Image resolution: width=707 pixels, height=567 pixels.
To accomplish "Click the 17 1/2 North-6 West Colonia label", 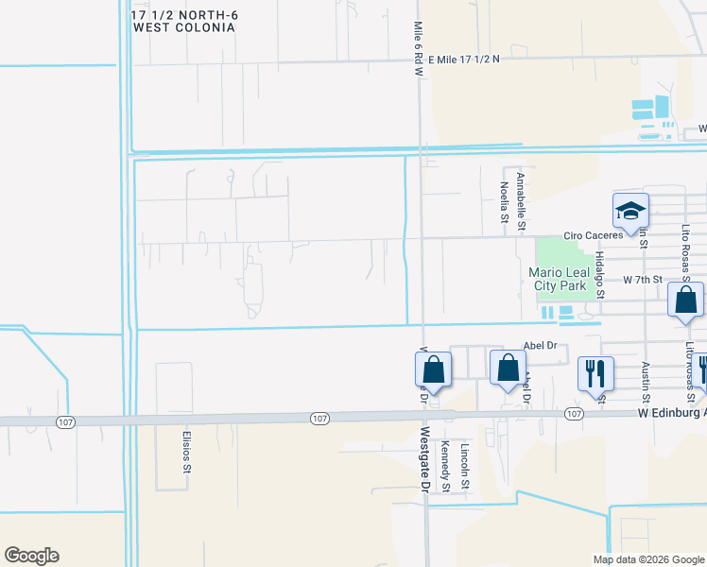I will [183, 22].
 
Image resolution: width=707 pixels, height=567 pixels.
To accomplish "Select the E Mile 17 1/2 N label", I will [463, 59].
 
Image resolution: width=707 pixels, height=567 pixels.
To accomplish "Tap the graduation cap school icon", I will [630, 213].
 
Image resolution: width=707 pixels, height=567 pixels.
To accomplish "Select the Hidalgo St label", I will [599, 274].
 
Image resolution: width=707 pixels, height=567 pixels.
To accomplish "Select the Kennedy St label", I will [444, 463].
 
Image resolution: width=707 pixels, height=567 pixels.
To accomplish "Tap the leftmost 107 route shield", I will [64, 421].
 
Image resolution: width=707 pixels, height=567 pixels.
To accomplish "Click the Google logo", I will [31, 556].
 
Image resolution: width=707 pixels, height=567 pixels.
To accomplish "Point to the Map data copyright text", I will [648, 559].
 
